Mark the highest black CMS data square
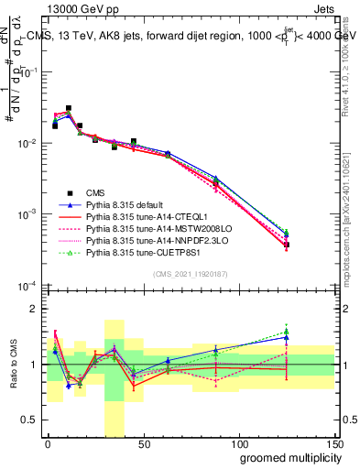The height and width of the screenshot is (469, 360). tap(69, 108)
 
